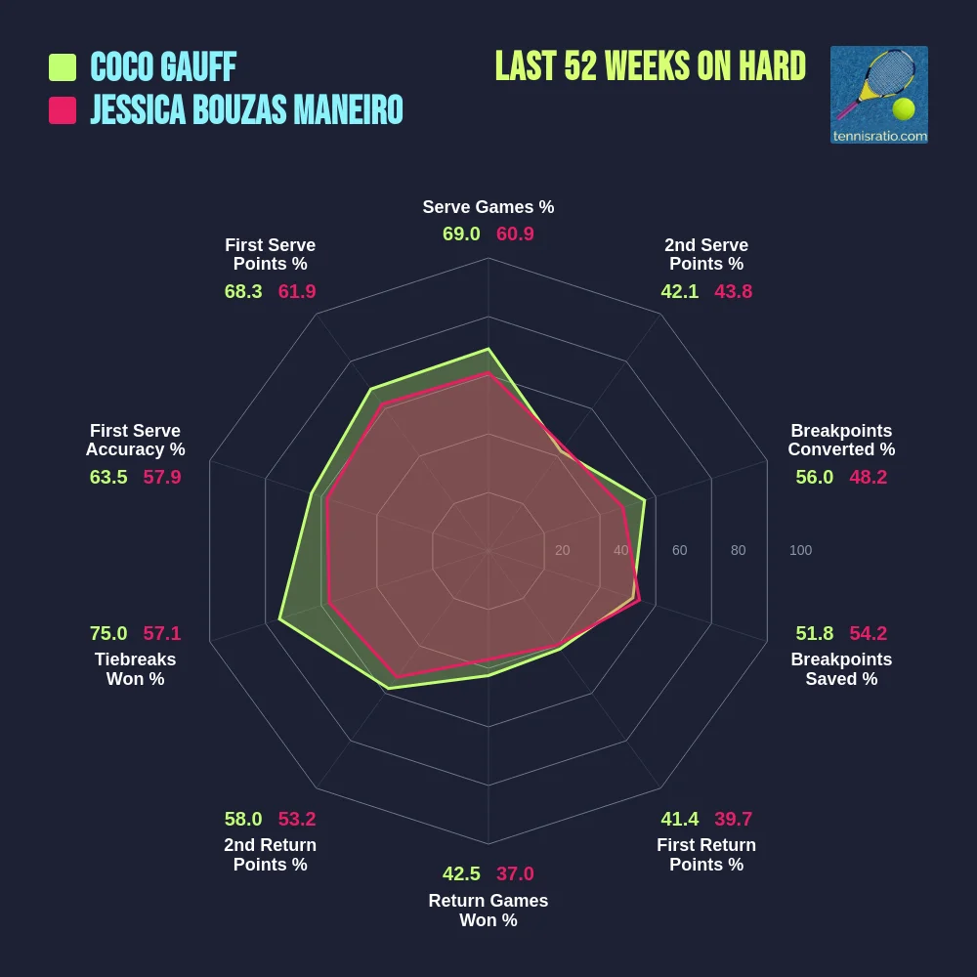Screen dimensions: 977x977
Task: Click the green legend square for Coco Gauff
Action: tap(63, 67)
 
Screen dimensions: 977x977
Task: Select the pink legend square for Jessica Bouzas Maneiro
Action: tap(63, 110)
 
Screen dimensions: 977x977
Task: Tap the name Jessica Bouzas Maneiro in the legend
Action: tap(246, 110)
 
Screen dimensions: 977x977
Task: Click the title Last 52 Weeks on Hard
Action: tap(650, 66)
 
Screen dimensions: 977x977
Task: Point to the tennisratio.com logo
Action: tap(878, 95)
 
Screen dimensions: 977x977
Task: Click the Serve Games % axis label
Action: tap(488, 207)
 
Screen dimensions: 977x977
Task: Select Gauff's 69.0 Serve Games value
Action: tap(461, 234)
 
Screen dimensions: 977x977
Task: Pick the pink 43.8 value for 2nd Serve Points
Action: tap(733, 291)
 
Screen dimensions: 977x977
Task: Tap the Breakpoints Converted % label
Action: tap(841, 440)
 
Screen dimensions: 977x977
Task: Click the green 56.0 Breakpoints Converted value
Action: tap(815, 477)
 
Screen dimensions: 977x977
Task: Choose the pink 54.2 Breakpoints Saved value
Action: tap(869, 633)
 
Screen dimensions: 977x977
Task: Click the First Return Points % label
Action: tap(706, 855)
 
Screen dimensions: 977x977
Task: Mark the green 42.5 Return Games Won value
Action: tap(461, 873)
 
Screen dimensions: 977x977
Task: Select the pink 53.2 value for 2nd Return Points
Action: tap(297, 819)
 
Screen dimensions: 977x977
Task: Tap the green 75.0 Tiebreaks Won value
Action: tap(108, 633)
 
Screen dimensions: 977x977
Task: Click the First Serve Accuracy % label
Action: tap(135, 440)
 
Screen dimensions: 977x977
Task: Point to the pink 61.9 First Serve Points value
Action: tap(297, 291)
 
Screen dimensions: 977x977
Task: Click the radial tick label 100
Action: tap(800, 550)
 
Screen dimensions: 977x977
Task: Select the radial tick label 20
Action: tap(562, 550)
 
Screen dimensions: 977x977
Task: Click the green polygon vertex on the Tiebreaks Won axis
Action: tap(279, 618)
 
